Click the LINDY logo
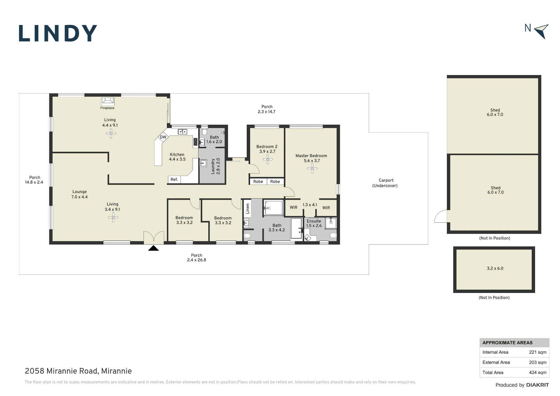tap(58, 33)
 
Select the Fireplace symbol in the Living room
tap(107, 101)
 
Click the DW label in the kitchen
tap(163, 137)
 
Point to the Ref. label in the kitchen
tap(174, 180)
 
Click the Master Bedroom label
tap(311, 156)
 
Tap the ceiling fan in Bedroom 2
tap(268, 160)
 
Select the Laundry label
tap(213, 166)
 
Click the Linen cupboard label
tap(248, 209)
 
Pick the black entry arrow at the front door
tap(153, 248)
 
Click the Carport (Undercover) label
tap(385, 183)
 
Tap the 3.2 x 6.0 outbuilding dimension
tap(495, 268)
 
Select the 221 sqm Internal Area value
tap(538, 352)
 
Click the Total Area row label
tap(493, 372)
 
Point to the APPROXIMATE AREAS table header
tap(507, 343)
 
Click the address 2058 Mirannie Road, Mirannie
tap(78, 371)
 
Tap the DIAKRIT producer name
tap(538, 385)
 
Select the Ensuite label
tap(314, 221)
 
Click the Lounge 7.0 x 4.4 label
tap(80, 194)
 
